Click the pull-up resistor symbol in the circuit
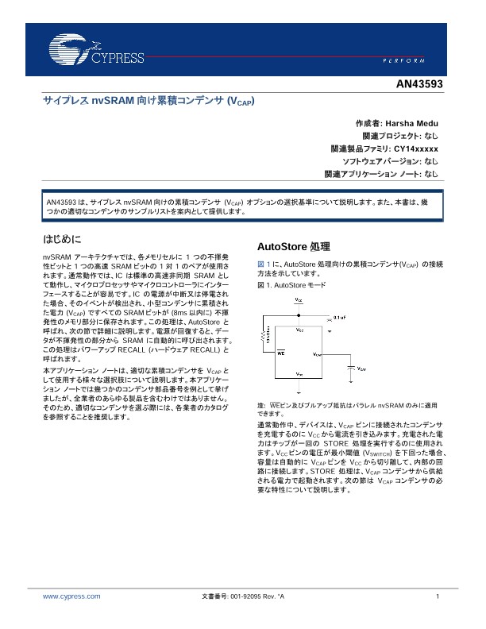(262, 338)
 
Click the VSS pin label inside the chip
(299, 373)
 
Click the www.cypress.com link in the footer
(71, 596)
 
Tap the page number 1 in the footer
(438, 596)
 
